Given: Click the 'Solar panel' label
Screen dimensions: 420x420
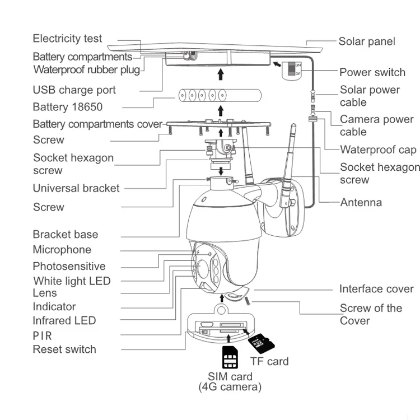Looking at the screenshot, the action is (367, 41).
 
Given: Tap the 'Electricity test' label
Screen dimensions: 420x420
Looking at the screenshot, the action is (67, 39).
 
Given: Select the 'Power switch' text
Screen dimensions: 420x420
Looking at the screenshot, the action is (372, 72).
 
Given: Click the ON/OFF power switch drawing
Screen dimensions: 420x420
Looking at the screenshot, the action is (292, 70).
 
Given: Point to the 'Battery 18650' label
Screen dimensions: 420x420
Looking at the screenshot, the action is (68, 107).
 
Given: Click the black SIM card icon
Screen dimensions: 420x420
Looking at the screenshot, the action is (230, 357).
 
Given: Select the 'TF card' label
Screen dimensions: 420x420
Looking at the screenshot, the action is (269, 361).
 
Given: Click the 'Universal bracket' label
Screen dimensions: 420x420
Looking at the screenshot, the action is (76, 188).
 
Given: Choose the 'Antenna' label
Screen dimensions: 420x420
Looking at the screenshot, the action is (361, 203).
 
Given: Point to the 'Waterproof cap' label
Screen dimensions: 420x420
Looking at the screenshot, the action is (378, 150).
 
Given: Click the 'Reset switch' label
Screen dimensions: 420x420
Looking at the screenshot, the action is (64, 349).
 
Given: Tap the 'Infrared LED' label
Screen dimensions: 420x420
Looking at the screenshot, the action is (64, 321).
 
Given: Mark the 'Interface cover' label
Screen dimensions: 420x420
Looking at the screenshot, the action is (376, 289).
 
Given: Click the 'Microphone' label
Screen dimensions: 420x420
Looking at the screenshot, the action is (62, 250).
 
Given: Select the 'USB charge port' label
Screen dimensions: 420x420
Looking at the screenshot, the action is (74, 90).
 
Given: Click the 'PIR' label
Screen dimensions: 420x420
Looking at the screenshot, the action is (42, 336).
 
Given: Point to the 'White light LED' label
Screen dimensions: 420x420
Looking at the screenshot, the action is (72, 281).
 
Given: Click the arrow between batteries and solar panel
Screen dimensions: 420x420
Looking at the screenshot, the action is (221, 74).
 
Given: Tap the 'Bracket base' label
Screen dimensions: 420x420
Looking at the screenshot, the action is (66, 235).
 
